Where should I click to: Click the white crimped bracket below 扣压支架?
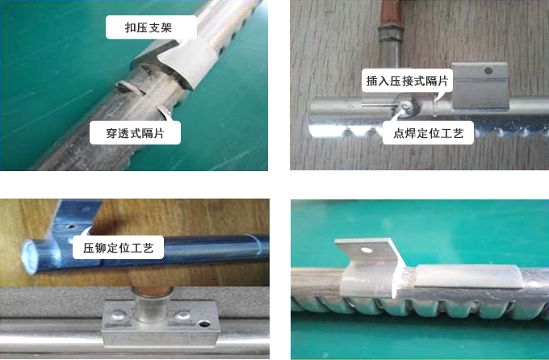point(187,69)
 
